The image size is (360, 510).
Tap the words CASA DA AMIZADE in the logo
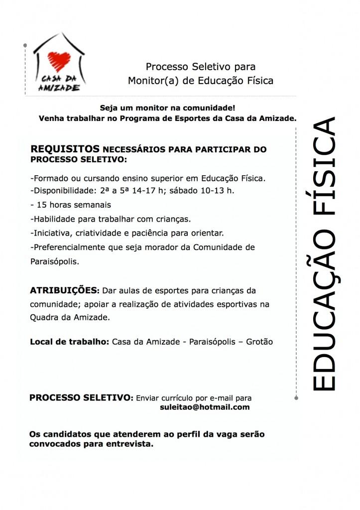59,84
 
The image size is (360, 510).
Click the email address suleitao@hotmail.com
204,407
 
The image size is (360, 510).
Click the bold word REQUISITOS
65,149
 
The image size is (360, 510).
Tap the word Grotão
260,342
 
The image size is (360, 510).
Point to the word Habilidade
52,218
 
